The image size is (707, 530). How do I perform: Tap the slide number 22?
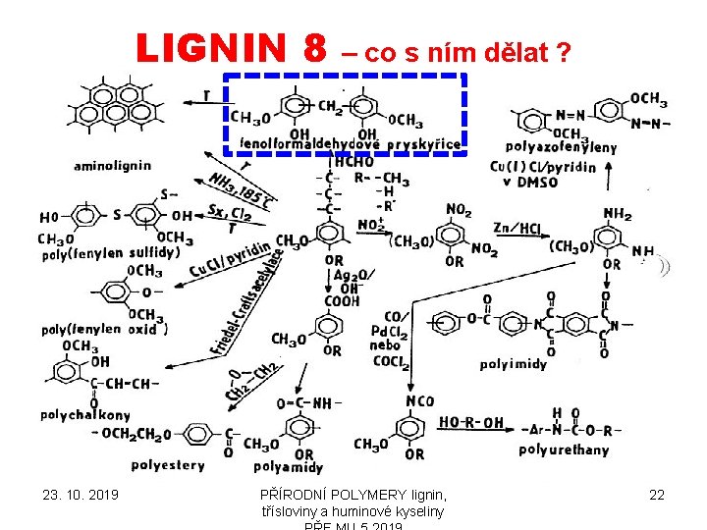tap(657, 496)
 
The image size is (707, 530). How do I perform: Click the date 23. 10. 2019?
tap(81, 496)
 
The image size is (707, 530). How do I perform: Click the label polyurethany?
tap(564, 450)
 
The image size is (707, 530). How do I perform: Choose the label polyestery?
tap(168, 464)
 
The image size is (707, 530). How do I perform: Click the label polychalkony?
tap(85, 415)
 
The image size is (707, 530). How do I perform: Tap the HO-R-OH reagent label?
tap(471, 423)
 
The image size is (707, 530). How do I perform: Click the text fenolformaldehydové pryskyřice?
tap(350, 144)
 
